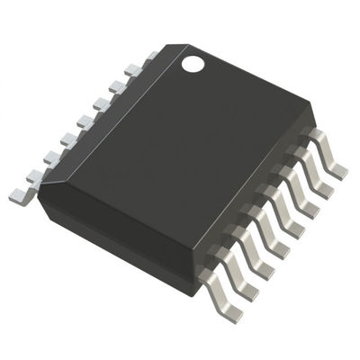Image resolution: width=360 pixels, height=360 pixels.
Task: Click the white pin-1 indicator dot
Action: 193,63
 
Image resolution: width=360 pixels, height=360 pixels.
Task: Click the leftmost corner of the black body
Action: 37,200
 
